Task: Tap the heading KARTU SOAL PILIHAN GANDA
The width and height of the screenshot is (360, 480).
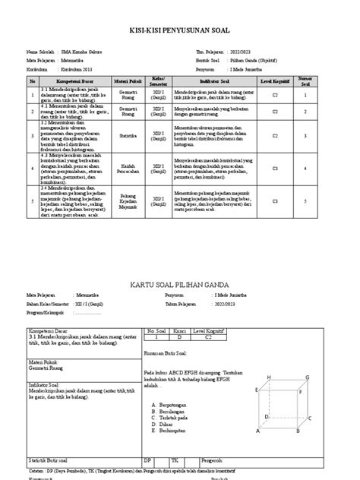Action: point(180,283)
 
